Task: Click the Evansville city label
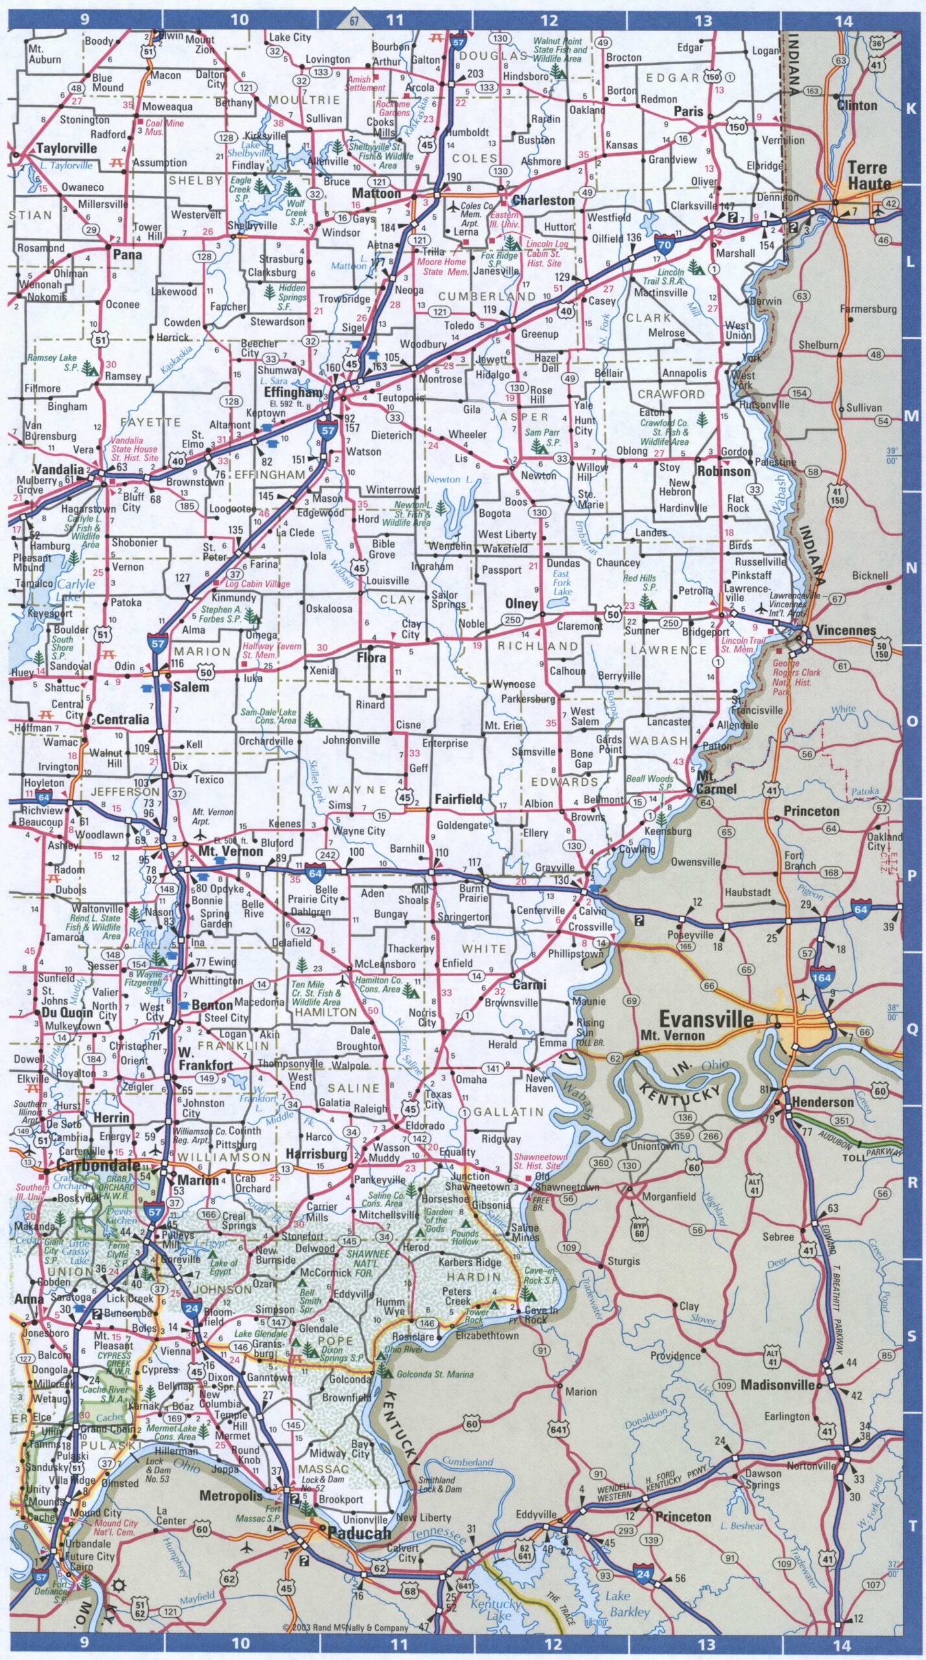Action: pyautogui.click(x=706, y=1019)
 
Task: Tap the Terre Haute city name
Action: pyautogui.click(x=868, y=175)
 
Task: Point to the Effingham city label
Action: pyautogui.click(x=293, y=392)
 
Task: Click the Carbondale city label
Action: pyautogui.click(x=98, y=1165)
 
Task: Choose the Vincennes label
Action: pyautogui.click(x=845, y=630)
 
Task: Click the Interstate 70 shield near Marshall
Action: pyautogui.click(x=664, y=244)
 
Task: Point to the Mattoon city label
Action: pyautogui.click(x=376, y=193)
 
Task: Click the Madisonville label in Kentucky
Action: pyautogui.click(x=777, y=1385)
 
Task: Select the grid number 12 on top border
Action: pyautogui.click(x=550, y=20)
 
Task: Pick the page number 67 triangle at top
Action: pyautogui.click(x=354, y=21)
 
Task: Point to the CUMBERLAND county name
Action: pyautogui.click(x=487, y=296)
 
